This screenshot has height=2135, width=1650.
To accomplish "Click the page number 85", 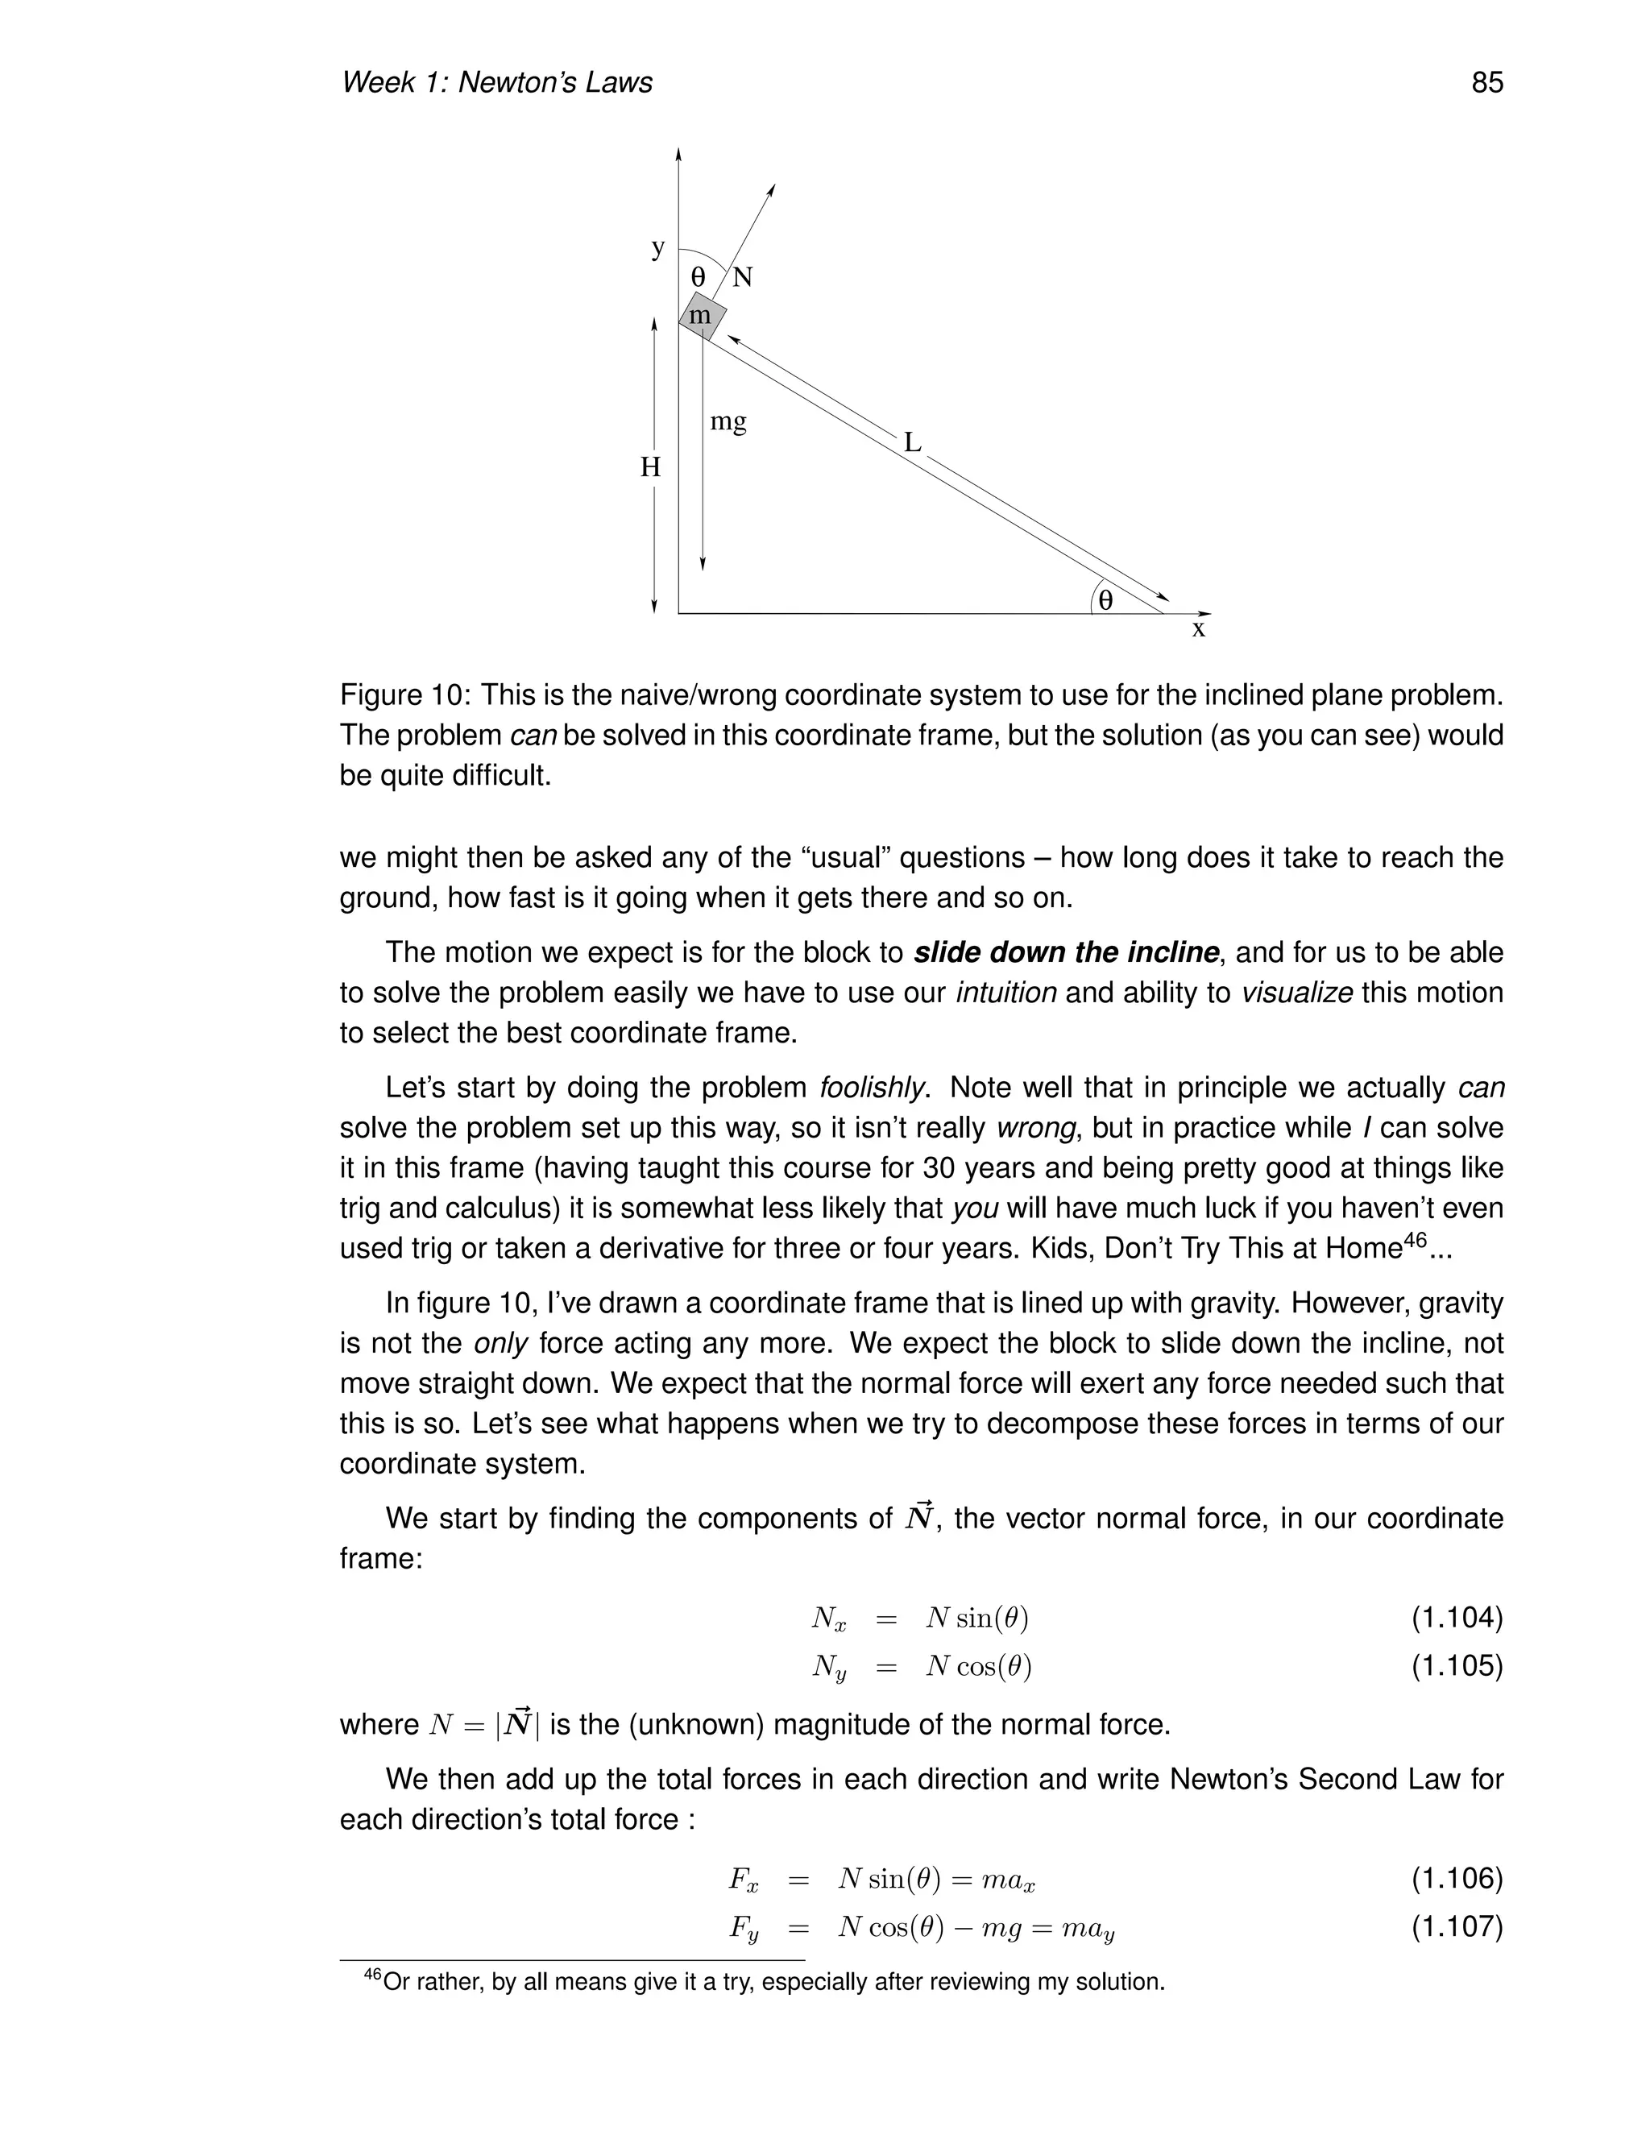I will (1486, 82).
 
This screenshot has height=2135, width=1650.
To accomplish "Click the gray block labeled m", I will (702, 316).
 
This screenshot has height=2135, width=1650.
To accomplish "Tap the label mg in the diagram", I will (728, 421).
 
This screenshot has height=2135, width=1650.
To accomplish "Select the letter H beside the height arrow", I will (651, 468).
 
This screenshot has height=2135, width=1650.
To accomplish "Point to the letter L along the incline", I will (912, 443).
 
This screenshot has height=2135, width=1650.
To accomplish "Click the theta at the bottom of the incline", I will (1105, 600).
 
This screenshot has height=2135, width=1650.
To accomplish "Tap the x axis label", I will (1198, 629).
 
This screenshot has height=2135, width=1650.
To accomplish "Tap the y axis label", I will (659, 247).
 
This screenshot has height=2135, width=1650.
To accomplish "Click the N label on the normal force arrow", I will (743, 278).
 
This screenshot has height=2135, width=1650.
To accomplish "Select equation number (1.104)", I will (1457, 1618).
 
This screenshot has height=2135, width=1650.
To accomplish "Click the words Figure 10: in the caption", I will (406, 695).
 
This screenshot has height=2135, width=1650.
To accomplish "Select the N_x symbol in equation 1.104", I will (828, 1620).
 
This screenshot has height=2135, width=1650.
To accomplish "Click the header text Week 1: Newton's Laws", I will (496, 82).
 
